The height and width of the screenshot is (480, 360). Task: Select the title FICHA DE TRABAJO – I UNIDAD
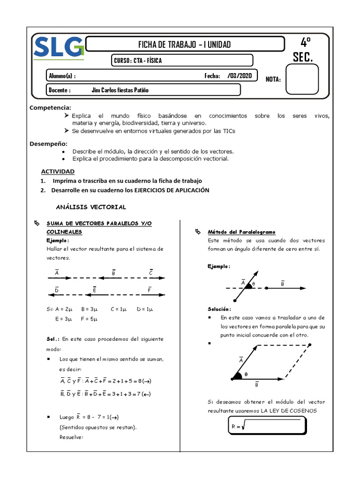click(184, 45)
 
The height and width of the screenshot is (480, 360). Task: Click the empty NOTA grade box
click(302, 79)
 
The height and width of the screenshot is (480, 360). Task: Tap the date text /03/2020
click(240, 76)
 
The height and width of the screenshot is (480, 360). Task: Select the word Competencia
click(50, 108)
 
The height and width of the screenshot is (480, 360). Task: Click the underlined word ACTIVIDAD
click(57, 172)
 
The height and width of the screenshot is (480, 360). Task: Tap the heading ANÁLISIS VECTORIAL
click(91, 207)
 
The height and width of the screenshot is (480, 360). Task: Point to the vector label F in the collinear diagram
click(150, 290)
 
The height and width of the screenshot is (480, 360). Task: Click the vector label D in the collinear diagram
click(56, 290)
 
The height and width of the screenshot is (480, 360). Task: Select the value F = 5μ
click(89, 319)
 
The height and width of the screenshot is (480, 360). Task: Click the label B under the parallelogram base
click(257, 385)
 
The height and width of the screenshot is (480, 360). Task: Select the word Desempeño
click(49, 143)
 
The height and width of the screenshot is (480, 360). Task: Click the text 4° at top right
click(305, 43)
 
